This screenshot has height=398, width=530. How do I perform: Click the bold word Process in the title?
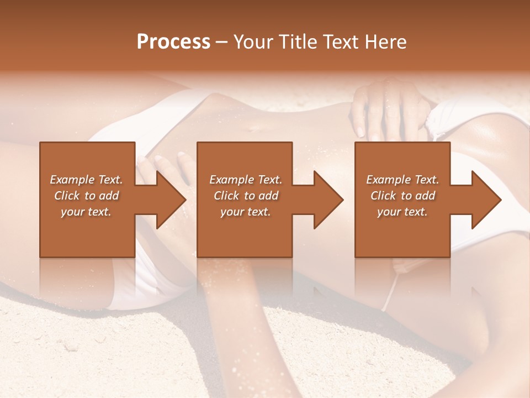click(x=173, y=42)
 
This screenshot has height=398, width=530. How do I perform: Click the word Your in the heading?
click(x=255, y=42)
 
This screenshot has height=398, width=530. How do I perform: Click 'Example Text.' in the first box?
click(x=86, y=180)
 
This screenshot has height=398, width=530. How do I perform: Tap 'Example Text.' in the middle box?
click(x=246, y=180)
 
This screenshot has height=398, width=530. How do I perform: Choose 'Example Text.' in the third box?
click(x=402, y=180)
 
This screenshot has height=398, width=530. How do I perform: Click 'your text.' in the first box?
click(x=86, y=212)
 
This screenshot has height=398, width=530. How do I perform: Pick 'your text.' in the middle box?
click(x=246, y=212)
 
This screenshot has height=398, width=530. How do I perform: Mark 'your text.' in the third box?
click(x=402, y=212)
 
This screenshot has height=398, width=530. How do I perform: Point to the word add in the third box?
click(x=425, y=196)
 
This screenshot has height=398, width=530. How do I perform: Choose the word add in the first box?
click(x=109, y=196)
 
